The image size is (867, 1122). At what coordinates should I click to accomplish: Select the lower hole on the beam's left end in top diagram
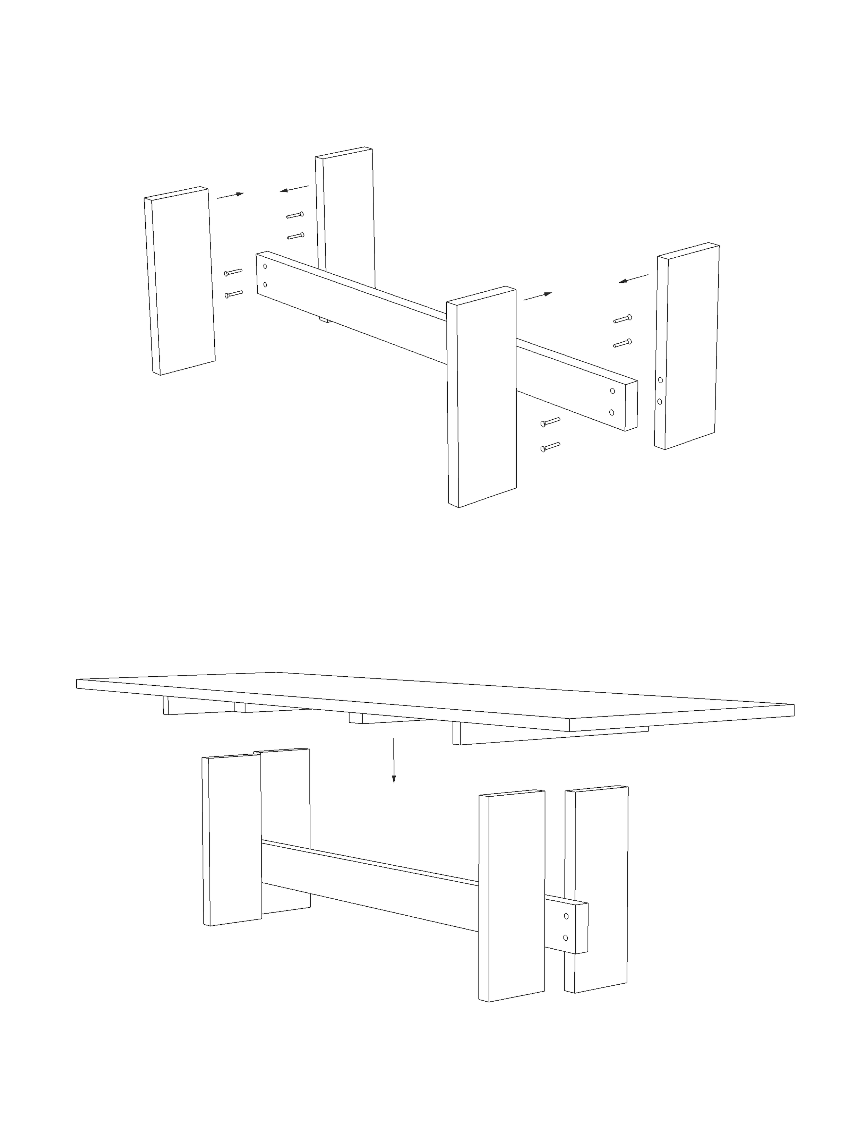[265, 284]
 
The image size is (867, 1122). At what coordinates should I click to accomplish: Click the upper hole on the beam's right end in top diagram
[612, 391]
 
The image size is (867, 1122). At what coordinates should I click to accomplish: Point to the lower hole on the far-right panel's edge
[660, 401]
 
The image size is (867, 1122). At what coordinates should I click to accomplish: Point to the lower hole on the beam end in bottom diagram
[566, 937]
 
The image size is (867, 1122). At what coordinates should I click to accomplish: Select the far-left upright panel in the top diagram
[180, 280]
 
